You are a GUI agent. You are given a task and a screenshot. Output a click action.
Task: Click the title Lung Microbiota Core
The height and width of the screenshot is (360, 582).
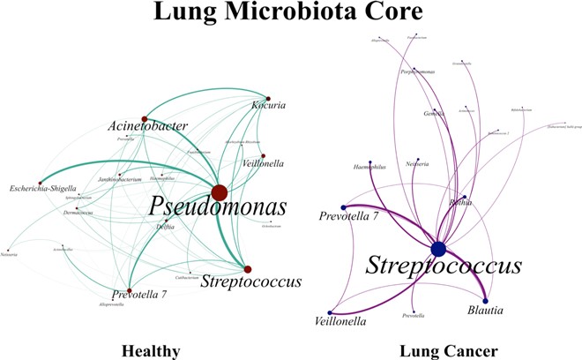pos(290,14)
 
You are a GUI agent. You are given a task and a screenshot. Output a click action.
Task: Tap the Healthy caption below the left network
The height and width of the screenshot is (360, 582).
pos(152,350)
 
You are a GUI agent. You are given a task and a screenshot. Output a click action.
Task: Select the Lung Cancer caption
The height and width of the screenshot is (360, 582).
pos(437,350)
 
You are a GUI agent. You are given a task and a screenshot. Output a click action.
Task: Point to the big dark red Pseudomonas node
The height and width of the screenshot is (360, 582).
pos(220,192)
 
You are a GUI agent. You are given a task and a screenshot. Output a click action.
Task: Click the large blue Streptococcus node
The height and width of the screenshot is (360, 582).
pos(437,249)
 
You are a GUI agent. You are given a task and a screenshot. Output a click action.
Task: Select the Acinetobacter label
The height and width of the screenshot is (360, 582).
pos(149,126)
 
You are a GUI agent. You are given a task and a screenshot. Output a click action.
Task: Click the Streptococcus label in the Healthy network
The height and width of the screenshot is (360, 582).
pos(251,282)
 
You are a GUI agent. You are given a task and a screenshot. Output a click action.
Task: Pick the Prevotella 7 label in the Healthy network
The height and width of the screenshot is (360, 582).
pos(139,294)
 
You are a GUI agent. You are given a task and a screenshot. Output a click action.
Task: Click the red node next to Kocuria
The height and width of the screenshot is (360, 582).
pos(267,99)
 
